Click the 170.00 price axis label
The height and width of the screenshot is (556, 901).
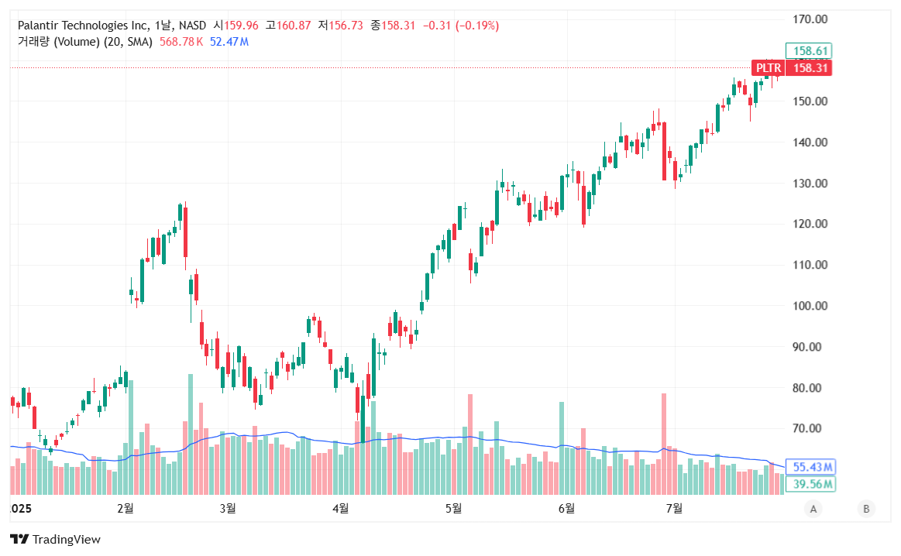pos(810,19)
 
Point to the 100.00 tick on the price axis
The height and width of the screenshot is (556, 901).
pos(810,306)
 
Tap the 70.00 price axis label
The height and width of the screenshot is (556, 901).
pos(810,428)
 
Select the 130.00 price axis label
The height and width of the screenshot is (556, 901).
pos(810,184)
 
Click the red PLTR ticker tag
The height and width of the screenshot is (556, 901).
pos(769,68)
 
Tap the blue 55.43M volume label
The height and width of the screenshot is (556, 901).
pos(813,467)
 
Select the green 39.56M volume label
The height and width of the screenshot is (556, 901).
pos(813,484)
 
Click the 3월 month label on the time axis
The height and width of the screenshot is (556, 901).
pos(228,508)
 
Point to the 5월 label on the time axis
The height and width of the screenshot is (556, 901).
pos(453,508)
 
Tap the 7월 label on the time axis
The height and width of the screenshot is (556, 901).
pos(674,508)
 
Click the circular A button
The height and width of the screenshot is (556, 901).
pos(813,509)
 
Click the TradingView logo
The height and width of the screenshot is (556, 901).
pos(55,539)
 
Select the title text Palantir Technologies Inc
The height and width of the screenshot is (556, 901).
pos(84,26)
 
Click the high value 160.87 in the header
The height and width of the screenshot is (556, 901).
pos(294,26)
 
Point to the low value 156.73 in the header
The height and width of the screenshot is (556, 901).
pos(346,26)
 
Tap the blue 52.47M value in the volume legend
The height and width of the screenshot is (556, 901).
pos(229,41)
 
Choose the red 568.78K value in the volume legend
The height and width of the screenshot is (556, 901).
pos(181,41)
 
